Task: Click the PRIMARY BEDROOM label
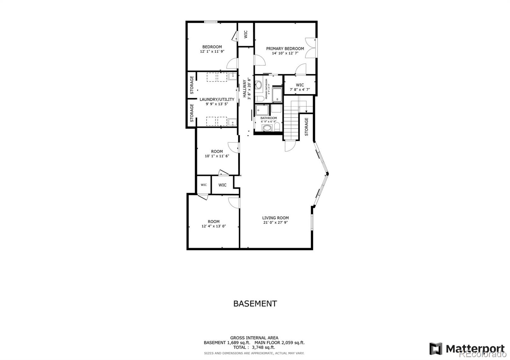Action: [x=285, y=48]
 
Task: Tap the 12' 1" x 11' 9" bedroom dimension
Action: [x=212, y=51]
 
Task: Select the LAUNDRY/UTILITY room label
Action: [x=217, y=99]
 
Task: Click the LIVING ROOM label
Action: [x=275, y=218]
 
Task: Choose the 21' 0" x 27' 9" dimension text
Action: [x=275, y=222]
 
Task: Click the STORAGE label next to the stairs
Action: [x=307, y=127]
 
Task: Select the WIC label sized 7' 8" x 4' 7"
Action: [x=300, y=85]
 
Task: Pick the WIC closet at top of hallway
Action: [x=246, y=34]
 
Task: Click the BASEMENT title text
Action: [x=255, y=304]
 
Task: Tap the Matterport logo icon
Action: [x=436, y=349]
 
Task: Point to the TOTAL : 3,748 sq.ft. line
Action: [x=254, y=347]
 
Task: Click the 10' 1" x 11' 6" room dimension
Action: [x=217, y=156]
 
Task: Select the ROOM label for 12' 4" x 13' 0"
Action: [x=214, y=221]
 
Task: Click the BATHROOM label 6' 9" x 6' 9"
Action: [x=269, y=118]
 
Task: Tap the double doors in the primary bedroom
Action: [x=311, y=48]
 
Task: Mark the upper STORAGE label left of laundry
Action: [x=192, y=85]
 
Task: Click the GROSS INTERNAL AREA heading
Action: [x=254, y=338]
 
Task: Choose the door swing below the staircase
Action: [x=290, y=147]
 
